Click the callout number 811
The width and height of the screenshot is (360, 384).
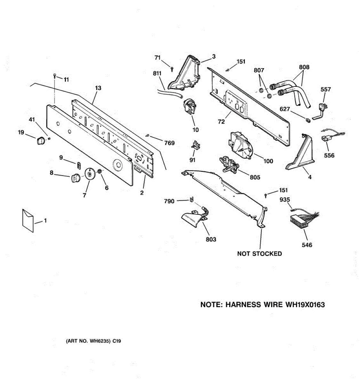point(157,74)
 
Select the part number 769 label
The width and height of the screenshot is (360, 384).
point(169,143)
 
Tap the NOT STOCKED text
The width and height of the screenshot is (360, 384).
point(260,254)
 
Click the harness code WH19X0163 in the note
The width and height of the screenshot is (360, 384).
point(305,305)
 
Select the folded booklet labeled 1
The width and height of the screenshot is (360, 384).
point(28,220)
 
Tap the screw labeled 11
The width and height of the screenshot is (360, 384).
point(55,76)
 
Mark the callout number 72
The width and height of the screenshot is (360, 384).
point(221,122)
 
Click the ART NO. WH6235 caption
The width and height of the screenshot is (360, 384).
point(93,341)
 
